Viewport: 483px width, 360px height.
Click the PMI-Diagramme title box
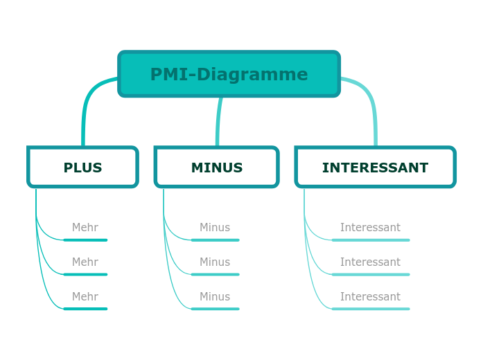coord(229,74)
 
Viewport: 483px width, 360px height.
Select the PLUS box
coord(82,168)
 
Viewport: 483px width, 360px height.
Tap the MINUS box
coord(216,168)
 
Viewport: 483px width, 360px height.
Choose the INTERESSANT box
coord(375,168)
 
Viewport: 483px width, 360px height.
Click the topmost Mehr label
coord(85,228)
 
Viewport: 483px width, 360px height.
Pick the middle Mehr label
coord(85,262)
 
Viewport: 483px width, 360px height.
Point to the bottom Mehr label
coord(85,297)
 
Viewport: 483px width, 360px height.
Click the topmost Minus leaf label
coord(215,228)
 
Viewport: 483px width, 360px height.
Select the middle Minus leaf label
coord(215,262)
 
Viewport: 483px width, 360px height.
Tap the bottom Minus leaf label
coord(215,297)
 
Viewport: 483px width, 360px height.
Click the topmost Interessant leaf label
coord(370,228)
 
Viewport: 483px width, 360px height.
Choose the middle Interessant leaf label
coord(370,262)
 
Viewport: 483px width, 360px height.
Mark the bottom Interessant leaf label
coord(370,297)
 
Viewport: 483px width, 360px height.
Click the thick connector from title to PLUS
coord(87,104)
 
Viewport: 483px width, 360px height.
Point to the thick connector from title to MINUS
coord(219,118)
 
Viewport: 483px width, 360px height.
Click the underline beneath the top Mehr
coord(85,240)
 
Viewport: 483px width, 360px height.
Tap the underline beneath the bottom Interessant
coord(370,309)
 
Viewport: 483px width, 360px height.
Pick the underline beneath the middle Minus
coord(215,275)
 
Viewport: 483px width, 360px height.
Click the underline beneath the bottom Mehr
coord(85,309)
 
